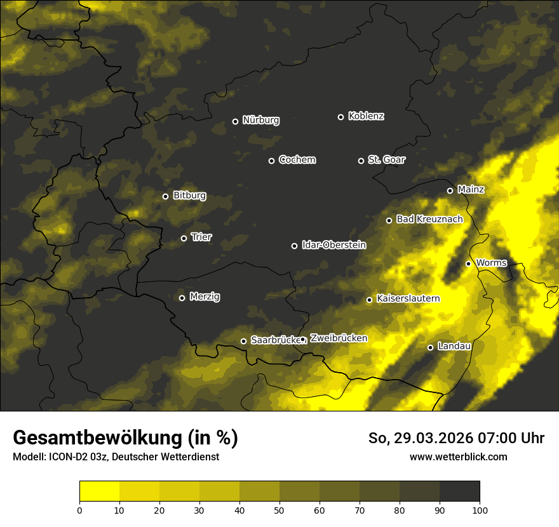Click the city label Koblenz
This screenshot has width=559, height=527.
(x=366, y=116)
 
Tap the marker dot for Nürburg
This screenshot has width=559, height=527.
(x=235, y=121)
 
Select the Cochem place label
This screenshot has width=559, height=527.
(x=297, y=160)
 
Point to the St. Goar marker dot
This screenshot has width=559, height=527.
(x=361, y=161)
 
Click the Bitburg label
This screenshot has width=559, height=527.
(x=189, y=196)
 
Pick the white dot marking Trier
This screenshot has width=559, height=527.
(x=184, y=238)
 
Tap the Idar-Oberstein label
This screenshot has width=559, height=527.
(x=333, y=245)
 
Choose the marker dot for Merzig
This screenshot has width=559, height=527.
(x=182, y=298)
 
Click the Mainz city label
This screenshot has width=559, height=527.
(x=471, y=190)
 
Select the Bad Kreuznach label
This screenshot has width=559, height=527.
(x=429, y=219)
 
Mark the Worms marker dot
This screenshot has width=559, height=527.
(x=468, y=263)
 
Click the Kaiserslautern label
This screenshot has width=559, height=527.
(x=408, y=298)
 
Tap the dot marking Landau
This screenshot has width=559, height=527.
(x=430, y=347)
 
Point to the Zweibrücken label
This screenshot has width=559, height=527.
(x=338, y=338)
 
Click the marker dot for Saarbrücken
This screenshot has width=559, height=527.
(x=243, y=341)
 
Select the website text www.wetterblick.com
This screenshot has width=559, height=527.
(x=459, y=457)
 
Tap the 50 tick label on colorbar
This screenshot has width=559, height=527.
(x=279, y=509)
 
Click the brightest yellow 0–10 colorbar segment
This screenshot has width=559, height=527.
(x=99, y=491)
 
